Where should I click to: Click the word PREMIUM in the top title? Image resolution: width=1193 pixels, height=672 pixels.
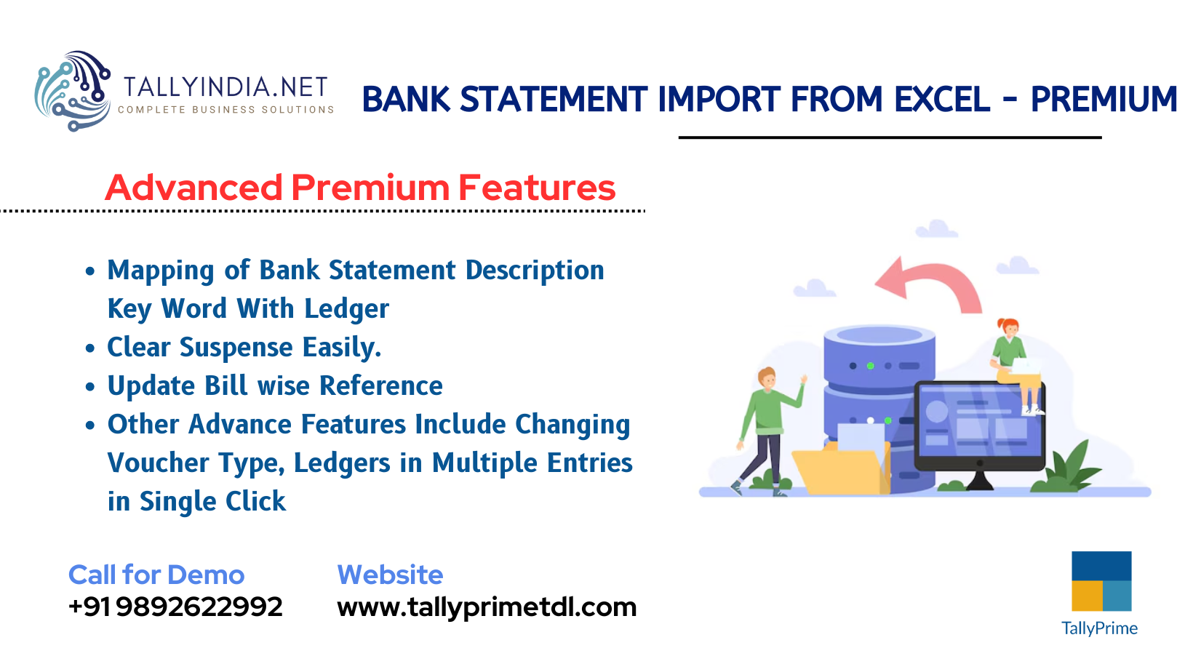point(1103,100)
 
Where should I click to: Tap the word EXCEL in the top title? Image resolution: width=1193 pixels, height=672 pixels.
point(941,100)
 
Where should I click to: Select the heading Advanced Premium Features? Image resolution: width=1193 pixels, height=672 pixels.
point(360,188)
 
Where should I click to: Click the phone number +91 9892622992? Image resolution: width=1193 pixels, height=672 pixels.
point(175,607)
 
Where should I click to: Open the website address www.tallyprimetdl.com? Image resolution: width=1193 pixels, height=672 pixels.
point(486,607)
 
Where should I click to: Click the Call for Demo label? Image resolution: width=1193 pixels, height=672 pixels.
point(156,575)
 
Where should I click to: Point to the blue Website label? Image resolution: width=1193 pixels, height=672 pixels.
point(390,575)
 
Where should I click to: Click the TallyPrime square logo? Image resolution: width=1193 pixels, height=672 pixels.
point(1101,581)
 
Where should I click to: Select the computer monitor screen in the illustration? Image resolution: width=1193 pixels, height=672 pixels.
point(978,425)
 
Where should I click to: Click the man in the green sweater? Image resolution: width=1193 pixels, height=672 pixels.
point(767,429)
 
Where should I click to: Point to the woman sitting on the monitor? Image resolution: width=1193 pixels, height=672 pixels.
point(1013,356)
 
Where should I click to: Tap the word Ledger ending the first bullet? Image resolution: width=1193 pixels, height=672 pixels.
point(346,309)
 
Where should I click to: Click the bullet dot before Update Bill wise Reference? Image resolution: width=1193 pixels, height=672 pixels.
point(90,387)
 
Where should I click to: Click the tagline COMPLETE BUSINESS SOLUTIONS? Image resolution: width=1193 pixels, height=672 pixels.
point(226,110)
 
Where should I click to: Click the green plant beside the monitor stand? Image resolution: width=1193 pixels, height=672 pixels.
point(1069,469)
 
